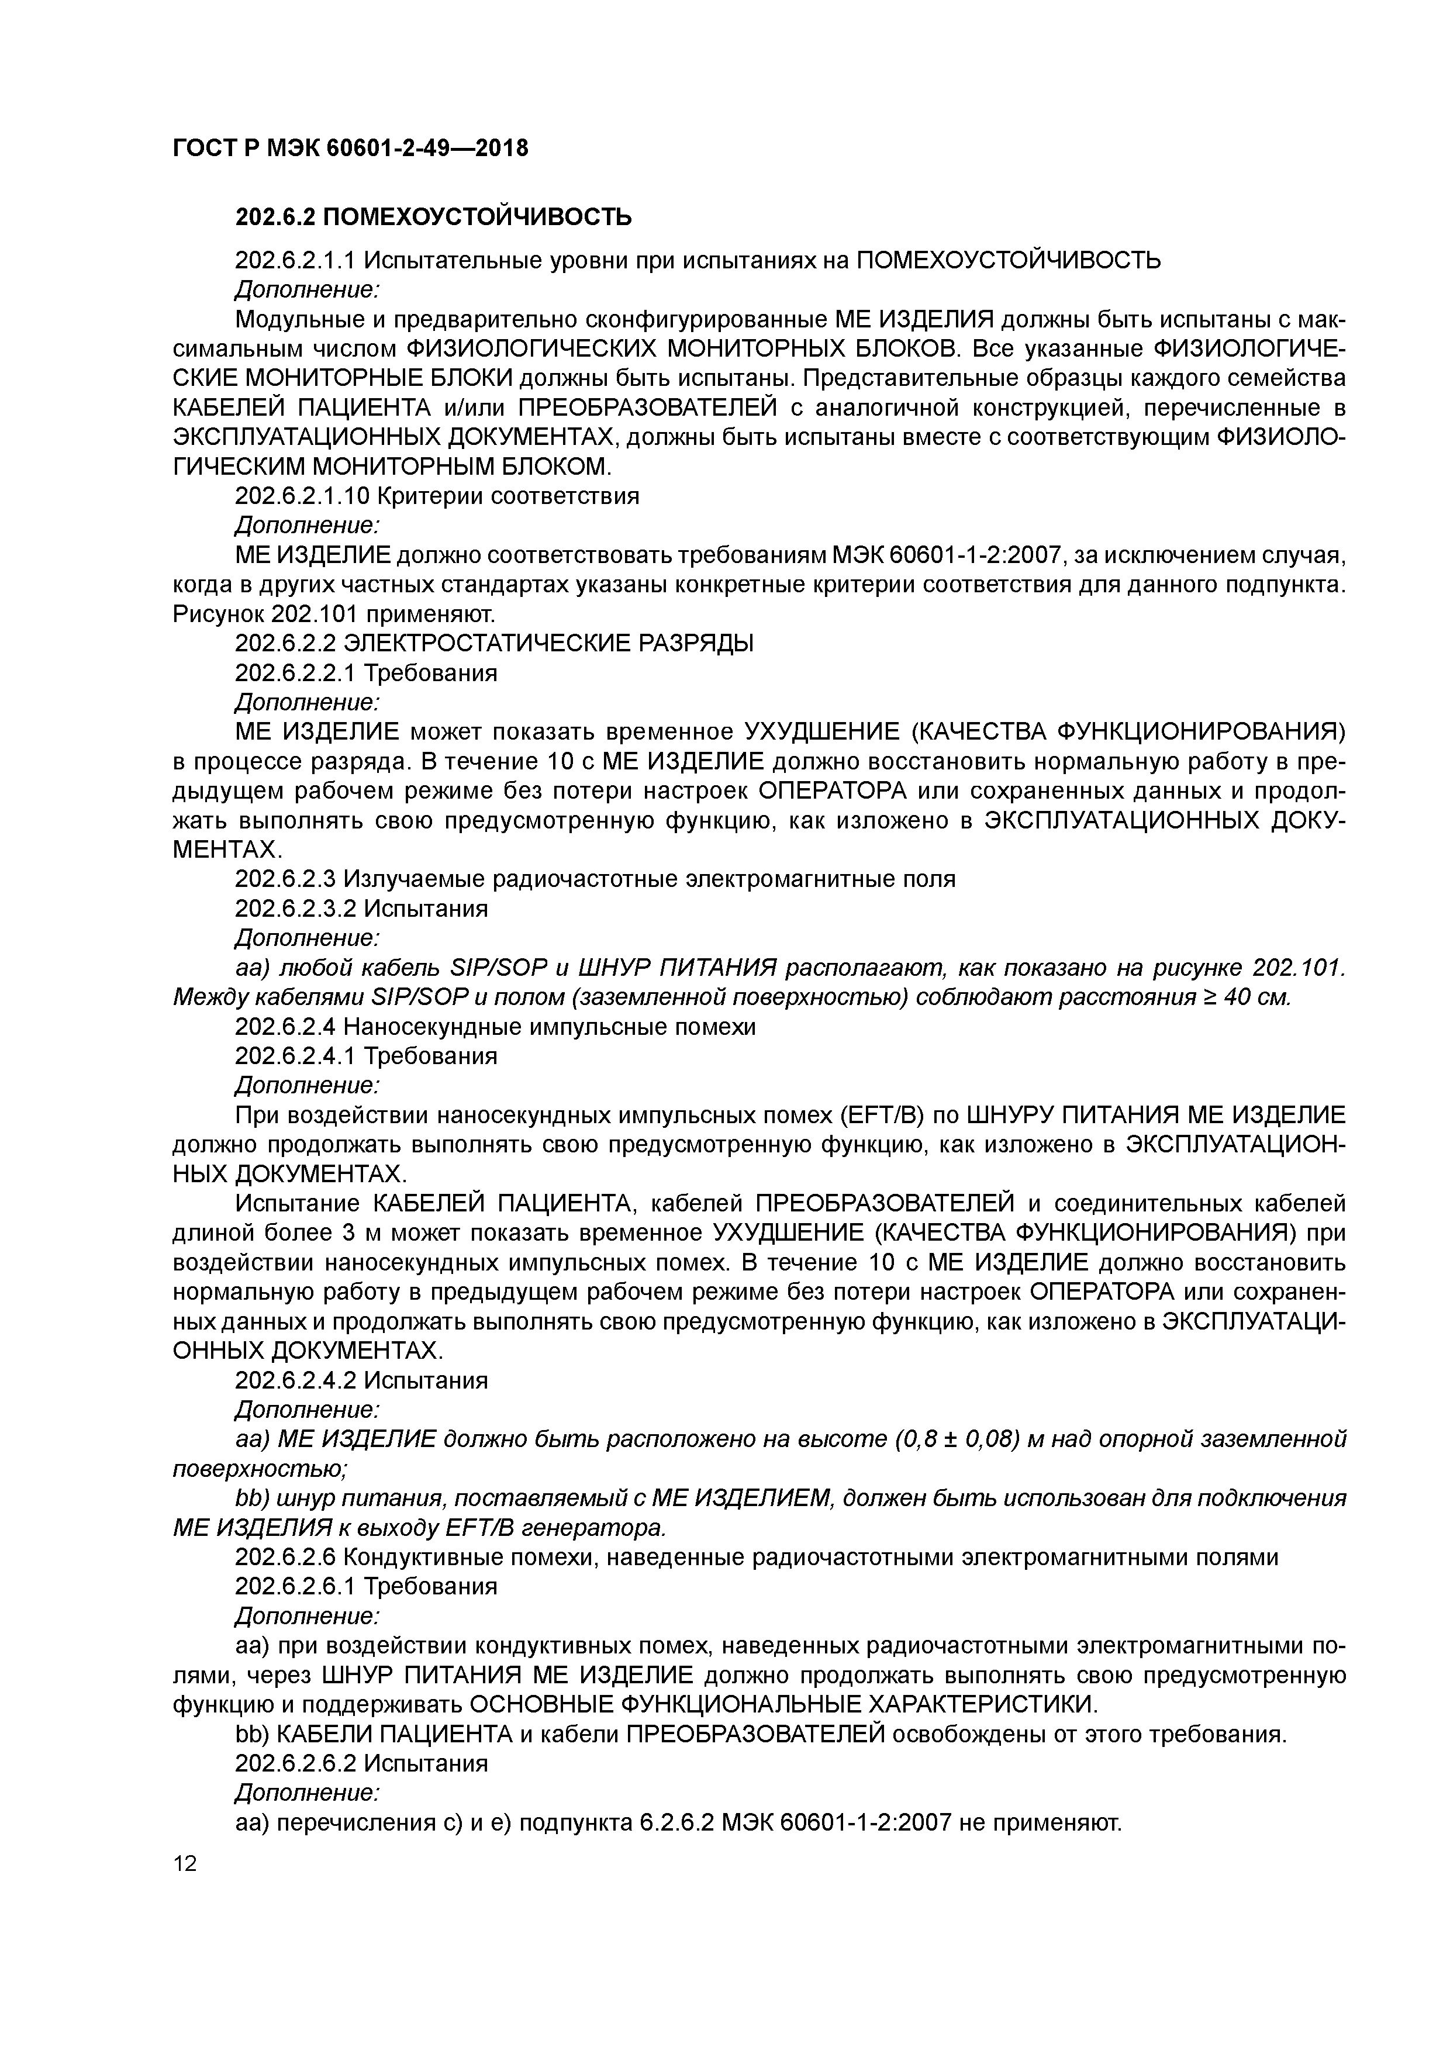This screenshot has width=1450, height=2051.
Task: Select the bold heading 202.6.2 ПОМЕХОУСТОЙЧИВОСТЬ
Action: coord(433,217)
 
